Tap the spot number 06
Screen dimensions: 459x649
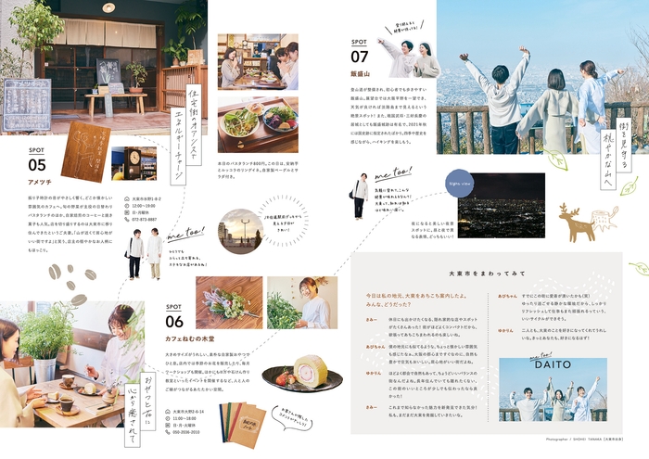(x=175, y=322)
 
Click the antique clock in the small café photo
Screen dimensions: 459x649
(x=134, y=156)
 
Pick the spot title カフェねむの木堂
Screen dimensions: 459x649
(x=192, y=339)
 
